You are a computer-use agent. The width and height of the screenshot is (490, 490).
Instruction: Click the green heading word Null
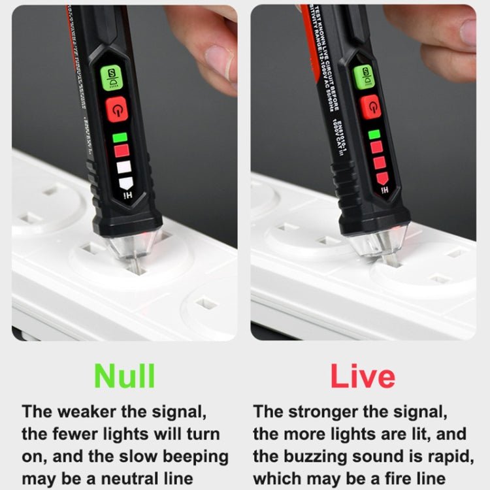pyautogui.click(x=124, y=376)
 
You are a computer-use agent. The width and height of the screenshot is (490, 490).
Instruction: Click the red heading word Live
pyautogui.click(x=363, y=377)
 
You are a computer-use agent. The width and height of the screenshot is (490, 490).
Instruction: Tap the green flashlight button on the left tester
pyautogui.click(x=112, y=78)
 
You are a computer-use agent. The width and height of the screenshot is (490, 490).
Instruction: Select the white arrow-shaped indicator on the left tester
pyautogui.click(x=125, y=182)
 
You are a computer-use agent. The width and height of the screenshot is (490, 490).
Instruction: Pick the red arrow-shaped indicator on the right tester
pyautogui.click(x=382, y=177)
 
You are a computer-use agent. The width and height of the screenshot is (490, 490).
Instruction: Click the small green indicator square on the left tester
pyautogui.click(x=119, y=137)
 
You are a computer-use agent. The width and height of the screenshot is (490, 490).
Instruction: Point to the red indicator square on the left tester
pyautogui.click(x=122, y=151)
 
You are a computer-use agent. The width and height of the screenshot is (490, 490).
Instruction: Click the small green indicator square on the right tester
pyautogui.click(x=374, y=134)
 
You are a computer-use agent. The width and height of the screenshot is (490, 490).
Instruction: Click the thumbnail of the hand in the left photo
pyautogui.click(x=206, y=46)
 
